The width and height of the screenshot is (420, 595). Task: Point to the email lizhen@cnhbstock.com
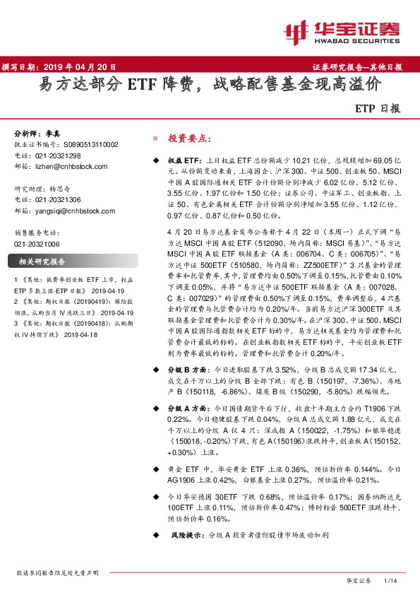[73, 166]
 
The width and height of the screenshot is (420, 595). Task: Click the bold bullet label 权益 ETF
[186, 162]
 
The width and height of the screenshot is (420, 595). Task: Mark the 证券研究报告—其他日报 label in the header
[356, 67]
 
